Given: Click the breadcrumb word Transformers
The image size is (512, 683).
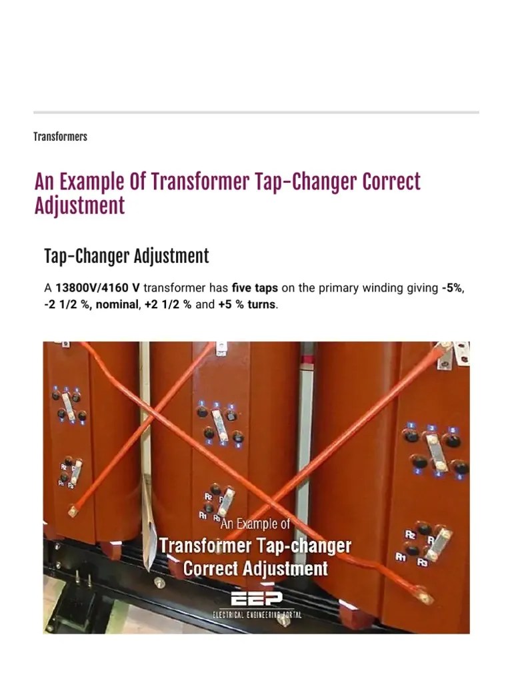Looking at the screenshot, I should [60, 137].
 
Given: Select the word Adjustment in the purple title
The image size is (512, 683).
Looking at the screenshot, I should [79, 206].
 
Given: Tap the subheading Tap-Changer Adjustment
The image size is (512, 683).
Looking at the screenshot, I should [126, 256].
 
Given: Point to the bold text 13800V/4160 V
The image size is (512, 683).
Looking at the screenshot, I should [97, 289].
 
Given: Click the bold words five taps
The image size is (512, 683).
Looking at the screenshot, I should [255, 289].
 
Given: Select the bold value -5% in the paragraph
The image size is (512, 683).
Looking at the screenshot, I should [453, 289].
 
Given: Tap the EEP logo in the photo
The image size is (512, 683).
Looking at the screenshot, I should [257, 598].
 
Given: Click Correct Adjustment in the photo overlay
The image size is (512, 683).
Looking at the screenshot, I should [255, 568].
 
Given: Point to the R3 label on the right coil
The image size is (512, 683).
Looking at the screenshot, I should [421, 562].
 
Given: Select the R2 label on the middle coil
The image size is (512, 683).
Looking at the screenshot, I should [208, 497].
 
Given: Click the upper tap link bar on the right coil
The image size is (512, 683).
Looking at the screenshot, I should [437, 452].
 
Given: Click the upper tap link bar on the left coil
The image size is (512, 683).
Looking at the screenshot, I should [67, 405].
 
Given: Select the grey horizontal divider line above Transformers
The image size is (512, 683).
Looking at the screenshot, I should [256, 112].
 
